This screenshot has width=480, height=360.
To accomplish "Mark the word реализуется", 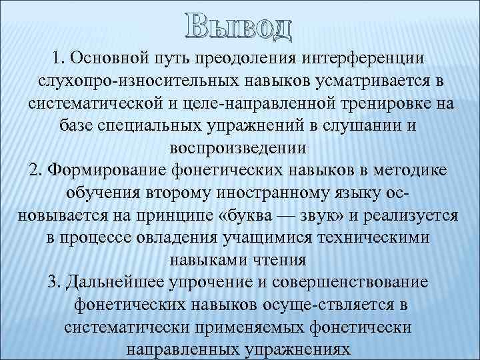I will pyautogui.click(x=411, y=216).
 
